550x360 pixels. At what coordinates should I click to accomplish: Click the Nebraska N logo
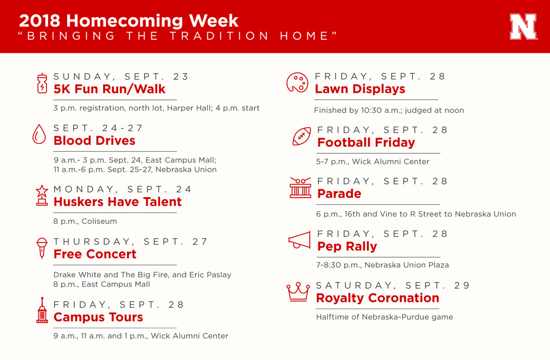[523, 27]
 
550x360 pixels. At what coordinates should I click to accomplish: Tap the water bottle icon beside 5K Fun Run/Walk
[42, 83]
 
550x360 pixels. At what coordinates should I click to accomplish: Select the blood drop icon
[39, 134]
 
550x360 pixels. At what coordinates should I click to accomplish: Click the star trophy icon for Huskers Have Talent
[42, 195]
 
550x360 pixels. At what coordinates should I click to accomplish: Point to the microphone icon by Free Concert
[42, 248]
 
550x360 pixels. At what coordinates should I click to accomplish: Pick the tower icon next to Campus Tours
[42, 310]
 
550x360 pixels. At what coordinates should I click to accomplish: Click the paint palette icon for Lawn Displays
[297, 83]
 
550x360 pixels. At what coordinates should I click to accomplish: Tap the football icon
[302, 136]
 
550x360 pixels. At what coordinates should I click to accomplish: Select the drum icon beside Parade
[300, 188]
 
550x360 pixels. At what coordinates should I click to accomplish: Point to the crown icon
[298, 291]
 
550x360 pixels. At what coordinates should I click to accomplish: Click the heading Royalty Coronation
[377, 298]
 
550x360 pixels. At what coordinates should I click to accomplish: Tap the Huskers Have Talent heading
[118, 202]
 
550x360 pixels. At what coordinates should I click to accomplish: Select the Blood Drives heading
[94, 141]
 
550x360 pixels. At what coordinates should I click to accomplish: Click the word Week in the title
[213, 21]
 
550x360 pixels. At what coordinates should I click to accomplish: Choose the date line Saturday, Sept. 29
[393, 285]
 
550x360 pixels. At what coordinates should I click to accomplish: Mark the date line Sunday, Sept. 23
[121, 77]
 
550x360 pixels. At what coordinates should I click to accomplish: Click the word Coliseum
[99, 221]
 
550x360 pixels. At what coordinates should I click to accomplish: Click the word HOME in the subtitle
[304, 36]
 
